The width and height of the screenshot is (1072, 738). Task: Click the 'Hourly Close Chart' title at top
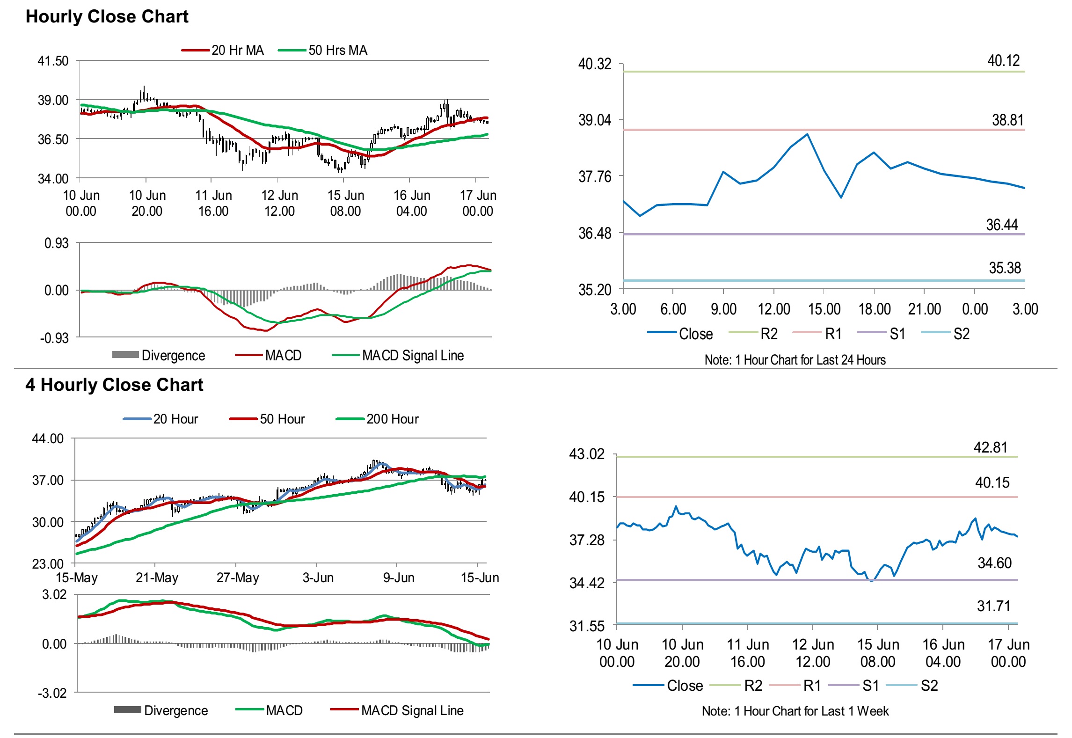tap(107, 17)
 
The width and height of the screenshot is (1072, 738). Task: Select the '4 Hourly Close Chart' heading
tap(114, 385)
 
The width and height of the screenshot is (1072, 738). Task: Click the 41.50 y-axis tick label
tap(53, 61)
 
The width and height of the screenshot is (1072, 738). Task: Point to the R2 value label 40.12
tap(1003, 61)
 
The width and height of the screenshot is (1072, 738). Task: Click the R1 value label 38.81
tap(1007, 120)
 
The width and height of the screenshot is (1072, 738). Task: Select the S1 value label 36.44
tap(1002, 225)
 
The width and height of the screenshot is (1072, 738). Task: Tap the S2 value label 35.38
tap(1005, 268)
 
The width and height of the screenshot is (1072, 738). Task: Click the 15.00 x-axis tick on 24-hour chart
tap(824, 309)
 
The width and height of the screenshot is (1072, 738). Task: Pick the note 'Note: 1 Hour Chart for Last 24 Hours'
tap(795, 360)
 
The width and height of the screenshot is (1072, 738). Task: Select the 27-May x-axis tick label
tap(237, 577)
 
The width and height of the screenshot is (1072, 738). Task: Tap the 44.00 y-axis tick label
tap(48, 439)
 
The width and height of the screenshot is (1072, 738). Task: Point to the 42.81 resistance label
tap(990, 447)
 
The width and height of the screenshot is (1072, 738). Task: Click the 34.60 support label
tap(994, 563)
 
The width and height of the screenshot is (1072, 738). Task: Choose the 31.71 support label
tap(993, 606)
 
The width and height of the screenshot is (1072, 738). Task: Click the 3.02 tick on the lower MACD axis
tap(54, 595)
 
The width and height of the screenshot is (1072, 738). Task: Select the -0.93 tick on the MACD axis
tap(54, 338)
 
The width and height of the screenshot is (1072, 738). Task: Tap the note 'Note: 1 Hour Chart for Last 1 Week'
tap(795, 711)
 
